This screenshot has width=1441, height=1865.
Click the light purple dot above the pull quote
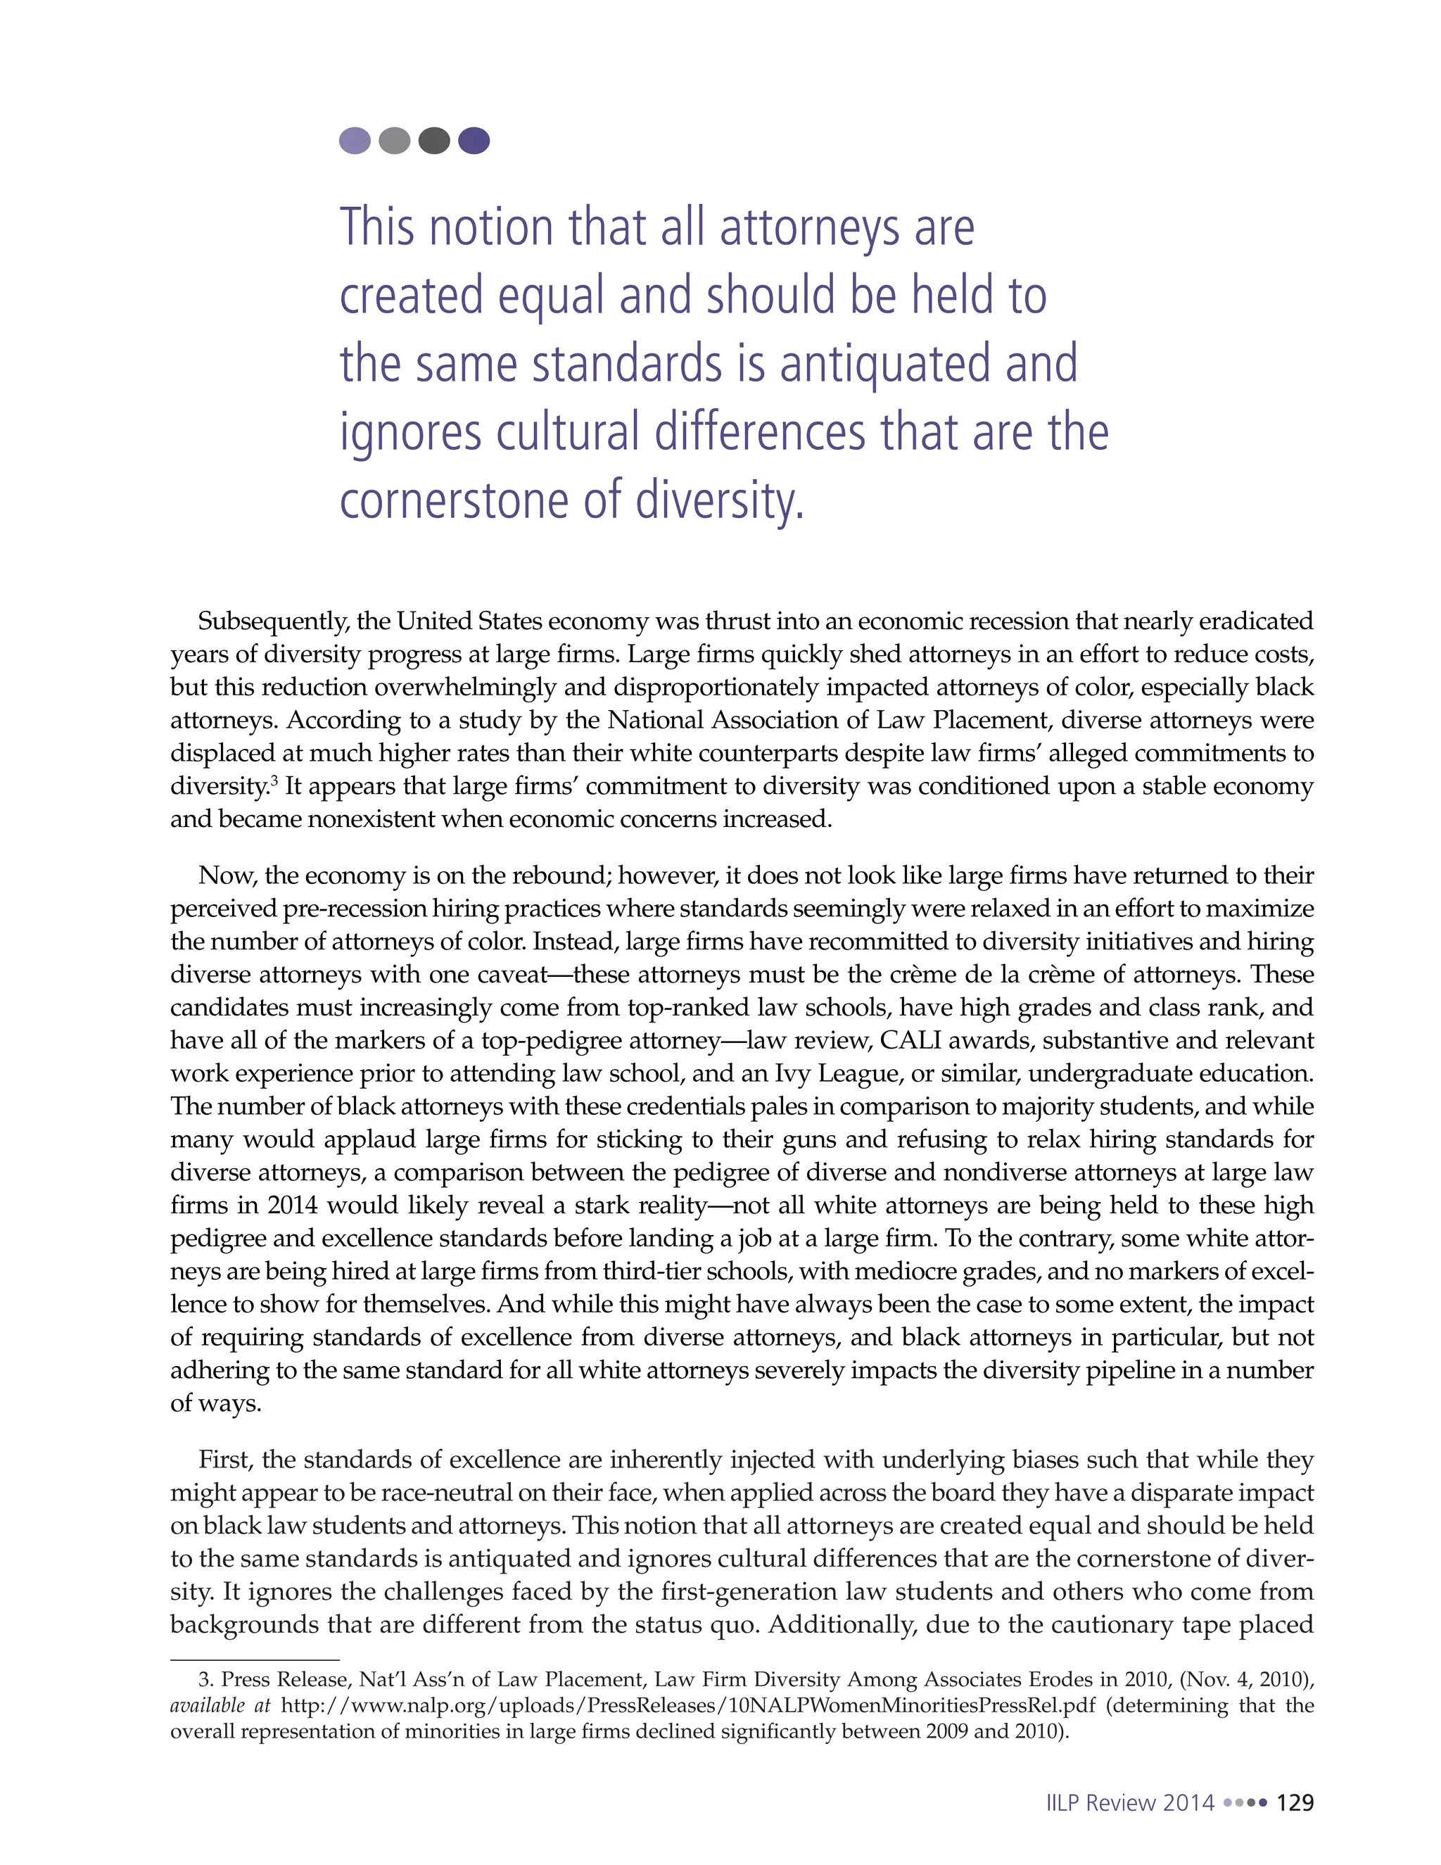(x=355, y=140)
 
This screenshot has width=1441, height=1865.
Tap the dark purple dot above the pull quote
(x=474, y=140)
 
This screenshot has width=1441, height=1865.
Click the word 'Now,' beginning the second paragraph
(x=227, y=875)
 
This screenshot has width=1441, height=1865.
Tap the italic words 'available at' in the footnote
(x=220, y=1705)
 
